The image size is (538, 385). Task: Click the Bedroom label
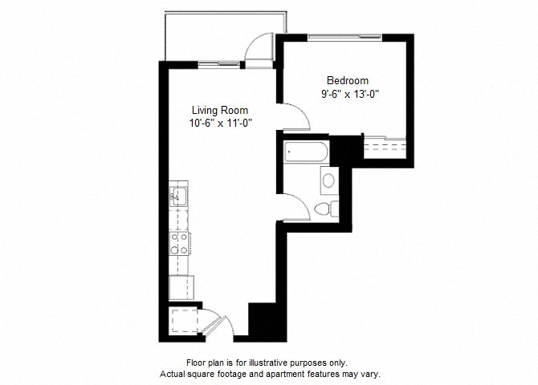tap(348, 80)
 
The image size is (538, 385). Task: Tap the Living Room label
tap(220, 111)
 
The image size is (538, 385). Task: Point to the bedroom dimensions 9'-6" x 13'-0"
tap(350, 94)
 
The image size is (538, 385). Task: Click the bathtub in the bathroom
tap(306, 152)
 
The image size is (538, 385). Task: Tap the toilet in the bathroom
tap(326, 209)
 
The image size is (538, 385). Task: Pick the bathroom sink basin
tap(328, 180)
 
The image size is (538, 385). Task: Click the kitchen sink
tap(178, 196)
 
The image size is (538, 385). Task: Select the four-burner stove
tap(179, 243)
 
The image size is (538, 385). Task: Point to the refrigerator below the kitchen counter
tap(181, 288)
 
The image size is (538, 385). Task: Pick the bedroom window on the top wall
tap(344, 37)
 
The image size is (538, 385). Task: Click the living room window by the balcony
tap(219, 63)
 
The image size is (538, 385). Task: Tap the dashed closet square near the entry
tap(185, 321)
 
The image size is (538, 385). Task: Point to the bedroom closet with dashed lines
tap(385, 148)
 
